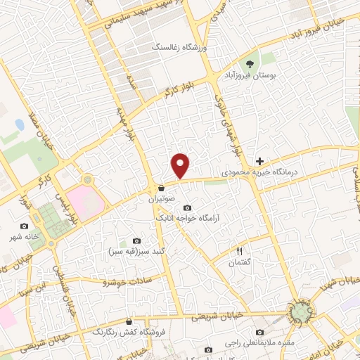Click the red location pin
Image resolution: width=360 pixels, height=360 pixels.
click(181, 166)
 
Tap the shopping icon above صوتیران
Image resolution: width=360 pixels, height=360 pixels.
click(161, 188)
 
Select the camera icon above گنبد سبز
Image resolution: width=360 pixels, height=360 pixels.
click(127, 241)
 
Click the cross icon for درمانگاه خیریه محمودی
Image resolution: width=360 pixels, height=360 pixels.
click(260, 161)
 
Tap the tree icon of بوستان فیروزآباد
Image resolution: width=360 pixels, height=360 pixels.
click(250, 64)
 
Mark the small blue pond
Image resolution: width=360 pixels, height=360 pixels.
click(18, 124)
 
